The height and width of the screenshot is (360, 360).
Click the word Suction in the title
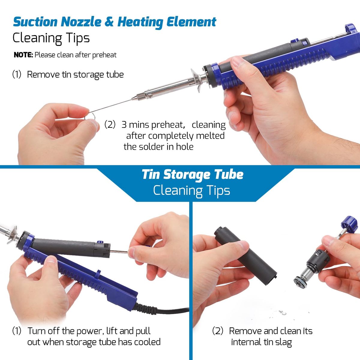click(35, 22)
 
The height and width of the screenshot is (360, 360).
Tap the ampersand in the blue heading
click(109, 22)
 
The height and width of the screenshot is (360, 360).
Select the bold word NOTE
click(23, 55)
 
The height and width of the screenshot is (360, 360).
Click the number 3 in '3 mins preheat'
click(124, 124)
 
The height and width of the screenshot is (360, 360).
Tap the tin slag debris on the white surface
click(283, 313)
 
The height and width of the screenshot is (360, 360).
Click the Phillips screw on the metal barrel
click(150, 96)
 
